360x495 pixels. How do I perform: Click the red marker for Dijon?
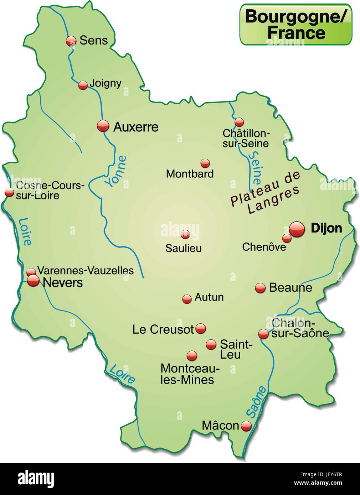pyautogui.click(x=297, y=229)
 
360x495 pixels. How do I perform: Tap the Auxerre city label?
pyautogui.click(x=135, y=127)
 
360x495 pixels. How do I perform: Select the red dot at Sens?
pyautogui.click(x=71, y=41)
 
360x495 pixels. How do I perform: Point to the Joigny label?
pyautogui.click(x=106, y=83)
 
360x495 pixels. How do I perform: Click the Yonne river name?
pyautogui.click(x=115, y=171)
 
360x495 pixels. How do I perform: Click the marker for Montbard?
pyautogui.click(x=205, y=163)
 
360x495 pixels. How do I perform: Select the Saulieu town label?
pyautogui.click(x=183, y=248)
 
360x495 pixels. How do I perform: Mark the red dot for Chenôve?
pyautogui.click(x=287, y=238)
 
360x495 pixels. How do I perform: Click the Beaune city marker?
pyautogui.click(x=260, y=288)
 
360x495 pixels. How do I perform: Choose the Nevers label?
pyautogui.click(x=63, y=283)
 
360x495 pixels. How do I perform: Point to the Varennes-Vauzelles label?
pyautogui.click(x=85, y=271)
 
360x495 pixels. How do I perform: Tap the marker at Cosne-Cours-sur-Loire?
pyautogui.click(x=9, y=193)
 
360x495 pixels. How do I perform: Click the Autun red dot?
pyautogui.click(x=187, y=299)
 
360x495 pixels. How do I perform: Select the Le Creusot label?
pyautogui.click(x=163, y=329)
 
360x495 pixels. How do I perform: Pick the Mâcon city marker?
pyautogui.click(x=246, y=426)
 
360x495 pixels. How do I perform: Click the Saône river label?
pyautogui.click(x=256, y=402)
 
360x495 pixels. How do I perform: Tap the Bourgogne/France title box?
pyautogui.click(x=295, y=24)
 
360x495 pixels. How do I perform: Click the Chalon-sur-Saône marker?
pyautogui.click(x=263, y=334)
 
